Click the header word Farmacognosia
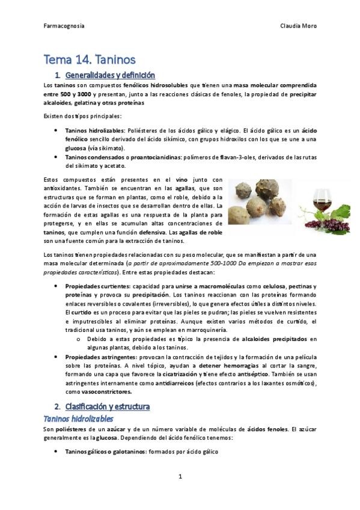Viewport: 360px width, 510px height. point(64,26)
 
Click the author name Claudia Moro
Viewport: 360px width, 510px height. point(299,26)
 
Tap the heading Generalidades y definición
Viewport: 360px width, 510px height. point(110,75)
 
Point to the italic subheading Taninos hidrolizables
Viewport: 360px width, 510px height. point(79,418)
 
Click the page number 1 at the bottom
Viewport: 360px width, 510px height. point(180,476)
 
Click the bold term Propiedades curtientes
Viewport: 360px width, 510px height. point(97,287)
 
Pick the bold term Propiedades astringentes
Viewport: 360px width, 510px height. point(100,357)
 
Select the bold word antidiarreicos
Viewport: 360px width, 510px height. point(174,383)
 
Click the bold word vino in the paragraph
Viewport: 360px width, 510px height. point(181,179)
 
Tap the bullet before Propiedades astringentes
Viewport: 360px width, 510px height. point(56,357)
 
